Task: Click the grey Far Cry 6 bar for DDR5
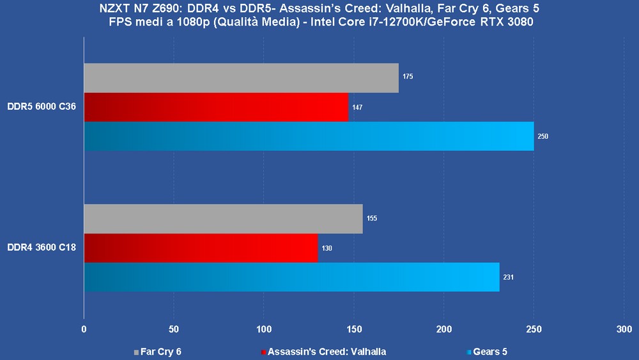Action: point(241,78)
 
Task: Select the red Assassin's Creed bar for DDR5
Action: point(216,107)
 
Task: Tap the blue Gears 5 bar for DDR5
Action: point(309,136)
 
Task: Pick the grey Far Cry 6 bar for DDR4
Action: point(223,219)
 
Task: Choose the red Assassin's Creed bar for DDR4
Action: point(201,248)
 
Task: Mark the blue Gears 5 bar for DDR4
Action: point(291,277)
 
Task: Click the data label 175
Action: point(408,77)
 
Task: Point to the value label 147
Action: point(357,107)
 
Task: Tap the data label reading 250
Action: point(543,136)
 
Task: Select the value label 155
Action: point(372,219)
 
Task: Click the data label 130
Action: point(327,248)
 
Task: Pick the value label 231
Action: point(509,278)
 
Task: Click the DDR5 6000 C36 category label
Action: point(42,107)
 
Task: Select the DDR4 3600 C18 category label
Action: point(42,247)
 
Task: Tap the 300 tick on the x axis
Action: point(624,329)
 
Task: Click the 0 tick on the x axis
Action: point(84,329)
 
